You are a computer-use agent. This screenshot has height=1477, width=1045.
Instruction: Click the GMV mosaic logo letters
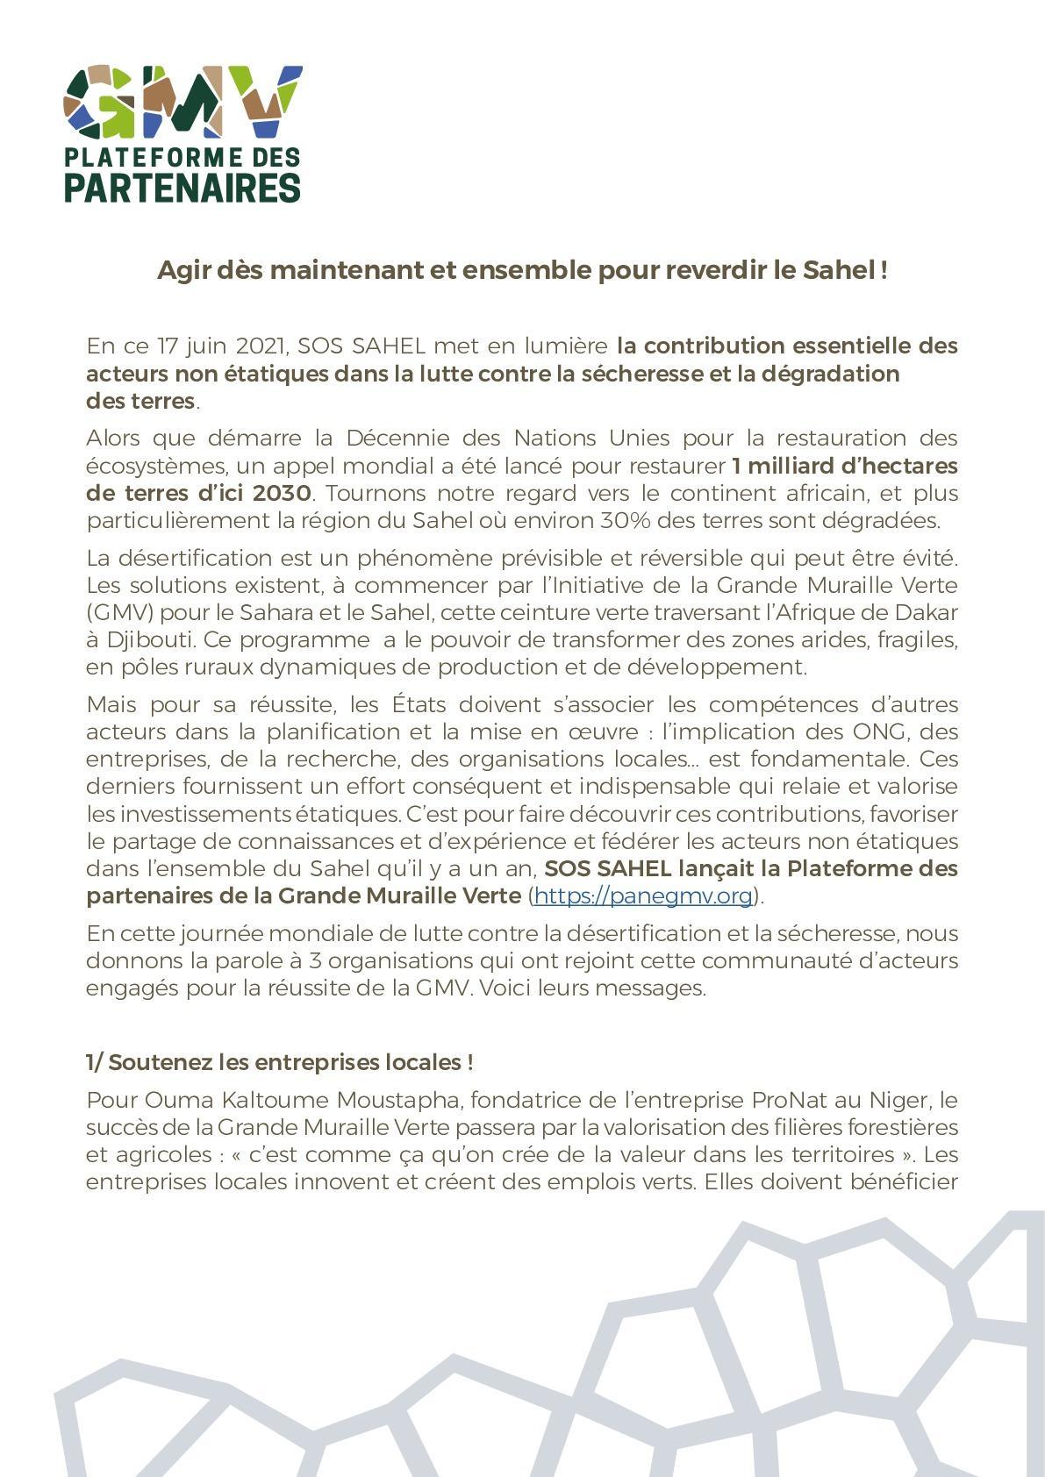pos(183,102)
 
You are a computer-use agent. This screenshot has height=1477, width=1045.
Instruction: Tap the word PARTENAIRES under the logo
pos(183,187)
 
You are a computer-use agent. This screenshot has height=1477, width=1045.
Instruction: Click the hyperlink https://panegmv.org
pos(643,895)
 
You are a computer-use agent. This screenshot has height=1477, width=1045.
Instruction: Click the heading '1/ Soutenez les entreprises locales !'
pos(280,1062)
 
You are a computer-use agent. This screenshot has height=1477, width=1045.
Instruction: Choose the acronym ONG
pos(877,731)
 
